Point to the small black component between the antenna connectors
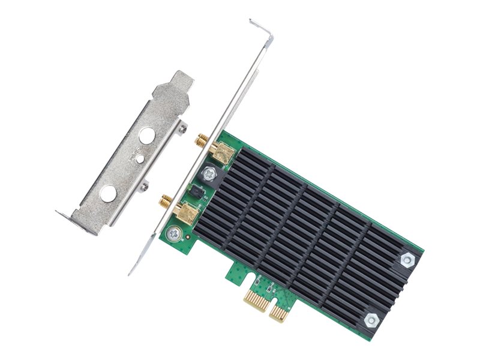[x=196, y=191]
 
